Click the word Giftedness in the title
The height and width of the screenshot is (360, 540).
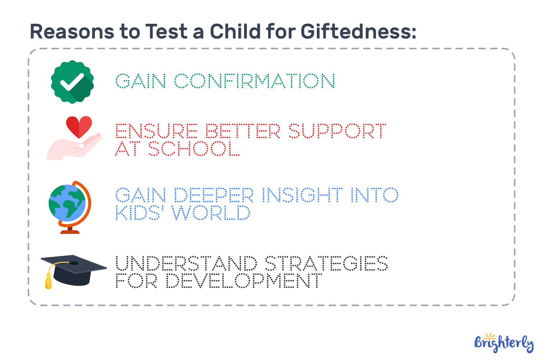358,31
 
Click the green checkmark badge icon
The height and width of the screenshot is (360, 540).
72,82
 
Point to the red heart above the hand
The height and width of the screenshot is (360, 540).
79,126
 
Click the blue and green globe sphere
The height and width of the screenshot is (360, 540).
67,203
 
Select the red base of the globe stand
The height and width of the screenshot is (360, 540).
70,231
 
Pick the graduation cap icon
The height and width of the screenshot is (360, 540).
74,270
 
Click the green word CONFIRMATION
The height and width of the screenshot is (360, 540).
255,81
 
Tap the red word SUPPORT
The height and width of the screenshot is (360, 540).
337,131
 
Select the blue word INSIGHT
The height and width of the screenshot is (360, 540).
302,195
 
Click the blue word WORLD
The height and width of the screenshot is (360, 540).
211,213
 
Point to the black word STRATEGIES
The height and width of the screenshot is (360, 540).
326,264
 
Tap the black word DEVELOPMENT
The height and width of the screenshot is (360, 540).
244,281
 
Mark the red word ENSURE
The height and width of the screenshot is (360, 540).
157,131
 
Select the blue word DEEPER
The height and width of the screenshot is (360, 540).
214,195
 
